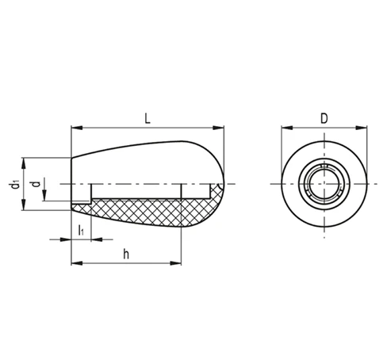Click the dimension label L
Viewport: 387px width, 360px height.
pos(148,118)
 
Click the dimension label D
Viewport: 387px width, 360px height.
pos(324,118)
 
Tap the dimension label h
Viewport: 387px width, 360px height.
pos(126,254)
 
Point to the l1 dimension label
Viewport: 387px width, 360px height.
pos(81,230)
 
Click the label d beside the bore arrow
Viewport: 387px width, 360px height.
pos(36,184)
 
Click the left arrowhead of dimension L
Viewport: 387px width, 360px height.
pos(77,128)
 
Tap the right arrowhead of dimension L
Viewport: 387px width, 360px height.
pos(218,128)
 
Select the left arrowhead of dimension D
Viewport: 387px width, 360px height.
pos(287,128)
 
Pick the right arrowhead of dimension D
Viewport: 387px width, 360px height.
pos(361,128)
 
